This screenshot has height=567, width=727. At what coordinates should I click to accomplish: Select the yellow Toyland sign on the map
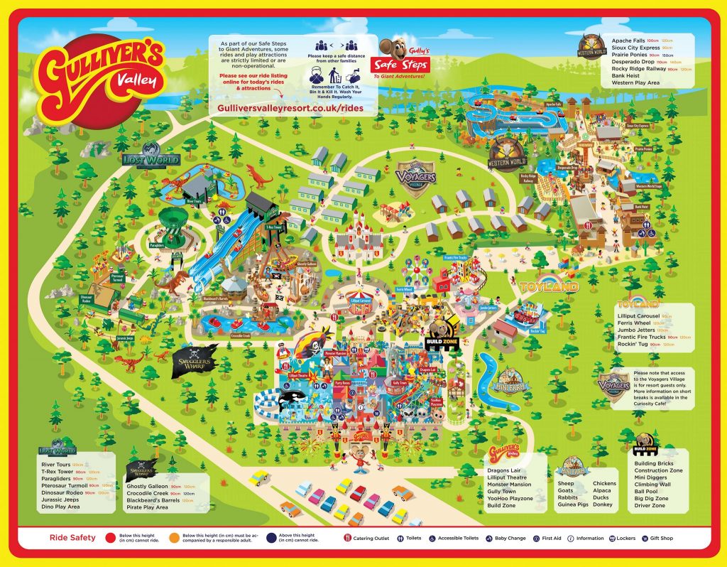[x=548, y=287]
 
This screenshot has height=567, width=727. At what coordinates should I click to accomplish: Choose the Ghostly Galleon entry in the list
[x=148, y=486]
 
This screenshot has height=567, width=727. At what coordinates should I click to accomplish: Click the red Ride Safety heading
[x=73, y=539]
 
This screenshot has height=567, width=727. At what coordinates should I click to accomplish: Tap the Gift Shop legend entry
[x=661, y=539]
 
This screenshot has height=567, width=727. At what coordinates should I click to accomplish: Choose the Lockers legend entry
[x=624, y=539]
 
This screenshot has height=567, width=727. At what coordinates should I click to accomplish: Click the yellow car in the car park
[x=260, y=477]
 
